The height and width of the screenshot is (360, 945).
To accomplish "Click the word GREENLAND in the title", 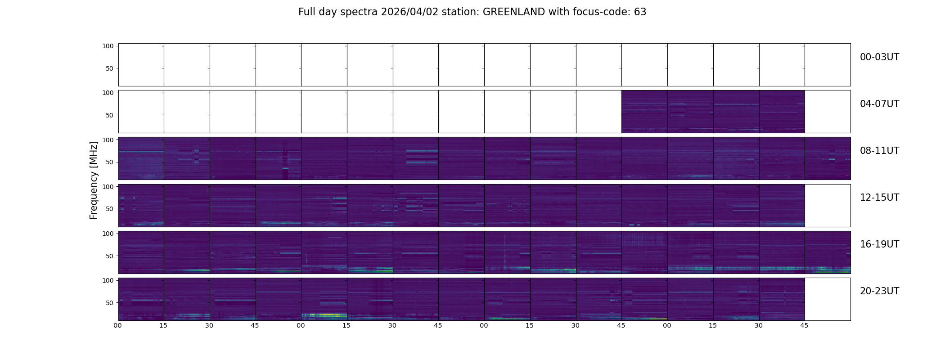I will coord(514,12).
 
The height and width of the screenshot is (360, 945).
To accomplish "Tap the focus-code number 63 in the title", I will coord(640,12).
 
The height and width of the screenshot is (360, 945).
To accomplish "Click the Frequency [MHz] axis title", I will coord(94,180).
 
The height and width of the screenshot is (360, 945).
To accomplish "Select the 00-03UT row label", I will coord(879,57).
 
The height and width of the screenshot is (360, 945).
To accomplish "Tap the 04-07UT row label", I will coord(879,104).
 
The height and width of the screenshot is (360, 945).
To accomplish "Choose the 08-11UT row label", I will coord(879,151).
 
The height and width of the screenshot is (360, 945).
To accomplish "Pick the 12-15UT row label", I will coord(879,198).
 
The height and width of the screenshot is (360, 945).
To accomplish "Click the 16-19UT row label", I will coord(879,244).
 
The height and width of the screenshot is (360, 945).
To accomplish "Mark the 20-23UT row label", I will coord(879,291).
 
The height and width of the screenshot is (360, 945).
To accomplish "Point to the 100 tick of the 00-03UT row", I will coord(108,46).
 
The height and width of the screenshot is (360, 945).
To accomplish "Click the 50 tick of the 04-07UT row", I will coord(110,115).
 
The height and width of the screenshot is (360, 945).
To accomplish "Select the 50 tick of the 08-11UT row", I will coord(110,162).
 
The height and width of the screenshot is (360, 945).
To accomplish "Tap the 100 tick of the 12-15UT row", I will coord(108,186).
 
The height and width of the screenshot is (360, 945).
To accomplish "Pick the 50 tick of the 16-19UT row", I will coord(110,256).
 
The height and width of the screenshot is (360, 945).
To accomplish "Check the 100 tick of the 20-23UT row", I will coord(108,280).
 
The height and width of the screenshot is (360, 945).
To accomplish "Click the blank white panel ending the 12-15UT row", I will coord(827,206).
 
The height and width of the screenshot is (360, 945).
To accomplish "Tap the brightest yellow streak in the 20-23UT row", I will coord(326,315).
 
